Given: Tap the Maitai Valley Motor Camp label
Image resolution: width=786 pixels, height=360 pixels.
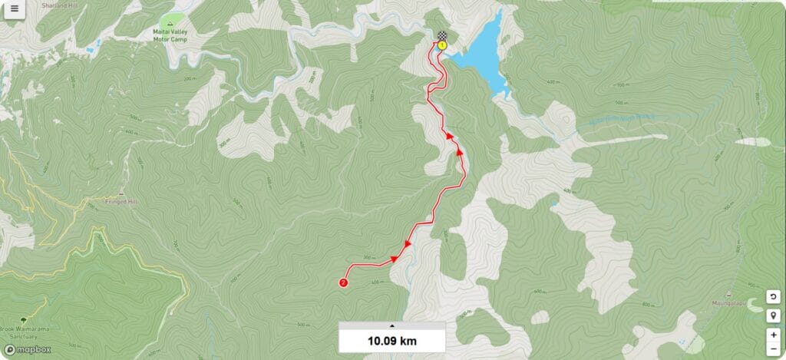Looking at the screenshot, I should point(171,34).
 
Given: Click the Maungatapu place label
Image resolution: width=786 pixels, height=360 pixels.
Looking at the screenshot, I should point(727,301).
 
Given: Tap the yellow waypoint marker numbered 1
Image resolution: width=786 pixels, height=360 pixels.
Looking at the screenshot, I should point(442,45).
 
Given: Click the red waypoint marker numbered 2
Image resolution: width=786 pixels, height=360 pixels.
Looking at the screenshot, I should point(343,282).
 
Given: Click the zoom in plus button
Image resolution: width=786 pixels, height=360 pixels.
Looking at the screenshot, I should point(773,335).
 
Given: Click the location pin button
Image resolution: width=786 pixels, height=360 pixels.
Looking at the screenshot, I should point(773,315).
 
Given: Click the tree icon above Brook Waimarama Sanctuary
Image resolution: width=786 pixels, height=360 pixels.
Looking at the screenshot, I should point(25,319).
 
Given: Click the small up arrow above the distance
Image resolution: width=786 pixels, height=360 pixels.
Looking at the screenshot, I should point(392,325).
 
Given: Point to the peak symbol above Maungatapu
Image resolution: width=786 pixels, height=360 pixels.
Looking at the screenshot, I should point(726,293).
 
